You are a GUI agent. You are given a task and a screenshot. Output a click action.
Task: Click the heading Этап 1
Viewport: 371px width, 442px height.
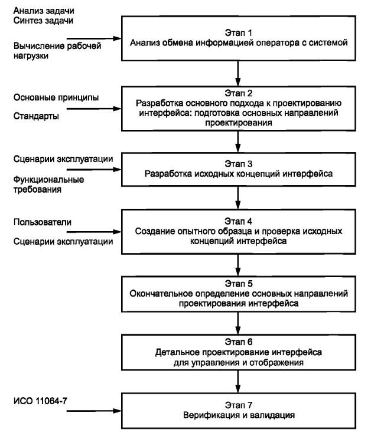(x=238, y=32)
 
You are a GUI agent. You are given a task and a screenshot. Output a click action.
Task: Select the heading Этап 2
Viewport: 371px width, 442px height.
(x=238, y=93)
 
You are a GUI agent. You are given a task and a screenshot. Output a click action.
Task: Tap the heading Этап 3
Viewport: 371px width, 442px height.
(x=238, y=164)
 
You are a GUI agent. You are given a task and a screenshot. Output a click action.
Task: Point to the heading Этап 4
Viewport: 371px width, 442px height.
(x=238, y=221)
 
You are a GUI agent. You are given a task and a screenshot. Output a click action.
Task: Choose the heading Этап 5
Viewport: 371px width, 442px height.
(x=238, y=283)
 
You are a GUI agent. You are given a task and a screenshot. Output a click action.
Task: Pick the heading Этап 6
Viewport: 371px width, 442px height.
(x=238, y=342)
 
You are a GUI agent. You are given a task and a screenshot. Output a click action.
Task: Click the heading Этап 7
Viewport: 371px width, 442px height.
(x=238, y=405)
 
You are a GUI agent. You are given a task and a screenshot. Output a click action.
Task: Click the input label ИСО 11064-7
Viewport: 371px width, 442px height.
(x=40, y=401)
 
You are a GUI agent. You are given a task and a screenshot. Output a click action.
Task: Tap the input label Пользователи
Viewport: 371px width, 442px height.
(x=43, y=222)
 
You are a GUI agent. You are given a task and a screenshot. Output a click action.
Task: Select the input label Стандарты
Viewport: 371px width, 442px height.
(x=36, y=116)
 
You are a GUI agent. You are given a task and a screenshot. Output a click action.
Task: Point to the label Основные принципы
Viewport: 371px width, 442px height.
(x=56, y=98)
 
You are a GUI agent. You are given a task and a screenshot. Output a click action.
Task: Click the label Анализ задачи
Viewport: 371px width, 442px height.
(x=44, y=11)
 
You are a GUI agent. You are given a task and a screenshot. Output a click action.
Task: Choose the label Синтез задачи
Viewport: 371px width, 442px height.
(x=43, y=21)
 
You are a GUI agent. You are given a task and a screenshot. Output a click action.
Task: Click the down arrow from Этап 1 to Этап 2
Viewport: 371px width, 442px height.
(x=238, y=73)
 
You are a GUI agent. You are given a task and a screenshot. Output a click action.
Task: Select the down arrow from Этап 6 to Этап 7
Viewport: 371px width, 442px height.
(x=238, y=381)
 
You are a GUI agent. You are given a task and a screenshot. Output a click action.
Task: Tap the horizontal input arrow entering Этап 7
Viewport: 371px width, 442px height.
(x=94, y=411)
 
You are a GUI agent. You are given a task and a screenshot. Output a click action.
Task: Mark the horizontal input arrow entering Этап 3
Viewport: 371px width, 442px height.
(x=94, y=170)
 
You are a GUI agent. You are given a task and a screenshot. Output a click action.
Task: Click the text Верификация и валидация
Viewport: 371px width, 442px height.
(x=239, y=415)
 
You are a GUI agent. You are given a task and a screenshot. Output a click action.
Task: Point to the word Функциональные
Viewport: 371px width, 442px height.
(x=48, y=180)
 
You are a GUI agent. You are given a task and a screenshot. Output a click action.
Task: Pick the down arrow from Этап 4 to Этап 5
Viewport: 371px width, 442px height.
(x=238, y=265)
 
